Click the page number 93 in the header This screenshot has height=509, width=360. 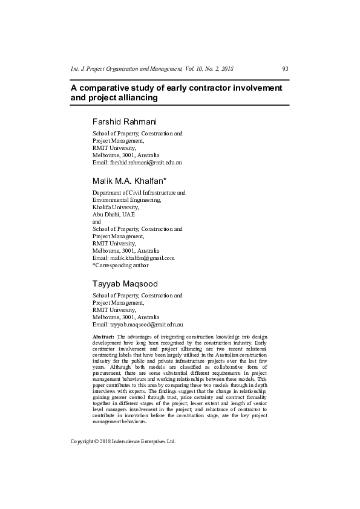click(x=285, y=68)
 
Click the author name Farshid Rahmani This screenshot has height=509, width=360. click(x=125, y=122)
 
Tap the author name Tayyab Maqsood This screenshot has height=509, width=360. click(x=125, y=284)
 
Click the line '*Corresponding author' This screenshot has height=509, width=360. click(x=120, y=265)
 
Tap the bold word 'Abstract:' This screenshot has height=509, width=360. click(x=103, y=336)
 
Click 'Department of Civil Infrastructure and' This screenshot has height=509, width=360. click(x=139, y=192)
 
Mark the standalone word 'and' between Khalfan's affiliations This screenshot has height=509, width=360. click(x=96, y=221)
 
